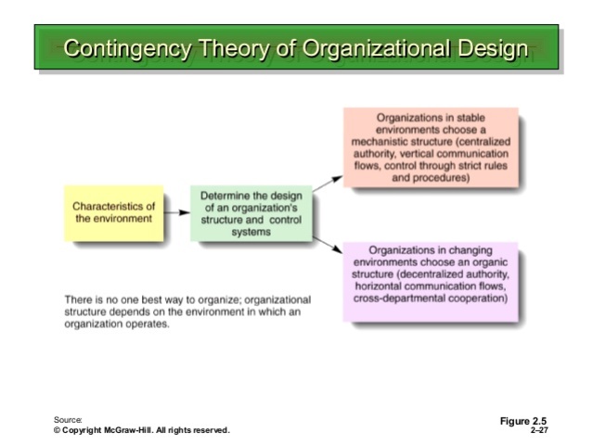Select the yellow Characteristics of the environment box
pyautogui.click(x=113, y=211)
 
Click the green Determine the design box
pyautogui.click(x=251, y=212)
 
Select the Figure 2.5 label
pyautogui.click(x=522, y=422)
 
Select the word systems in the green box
pyautogui.click(x=251, y=232)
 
